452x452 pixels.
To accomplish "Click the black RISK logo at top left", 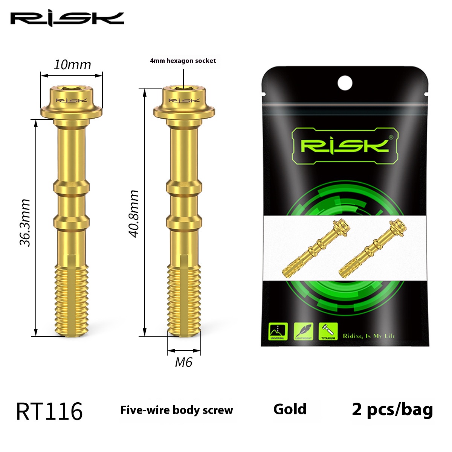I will (67, 19).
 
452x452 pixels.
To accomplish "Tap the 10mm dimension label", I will (72, 65).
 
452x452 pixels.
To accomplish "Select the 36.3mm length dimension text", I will (25, 223).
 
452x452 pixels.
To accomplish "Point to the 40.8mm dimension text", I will (134, 214).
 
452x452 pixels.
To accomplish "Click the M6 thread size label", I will (184, 362).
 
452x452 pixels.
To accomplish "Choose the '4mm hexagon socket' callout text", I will (183, 61).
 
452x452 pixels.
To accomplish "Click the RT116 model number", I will (49, 411).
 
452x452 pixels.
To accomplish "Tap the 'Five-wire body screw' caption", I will (177, 410).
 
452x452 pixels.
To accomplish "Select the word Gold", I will (290, 409).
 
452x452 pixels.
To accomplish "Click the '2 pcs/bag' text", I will (392, 409).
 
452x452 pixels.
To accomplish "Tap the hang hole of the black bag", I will (345, 82).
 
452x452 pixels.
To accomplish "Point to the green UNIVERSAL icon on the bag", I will (278, 331).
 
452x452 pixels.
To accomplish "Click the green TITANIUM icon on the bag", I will (328, 331).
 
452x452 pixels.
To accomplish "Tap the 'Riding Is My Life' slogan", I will (369, 336).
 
